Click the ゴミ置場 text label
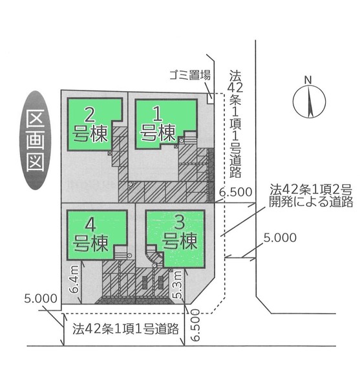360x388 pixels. coord(190,75)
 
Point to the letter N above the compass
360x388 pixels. coord(308,80)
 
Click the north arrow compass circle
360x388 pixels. coord(310,101)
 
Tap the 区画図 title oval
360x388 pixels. coord(36,140)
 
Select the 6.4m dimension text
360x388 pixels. coord(74,279)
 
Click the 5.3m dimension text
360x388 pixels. coord(178,285)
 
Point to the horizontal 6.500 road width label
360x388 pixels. coord(236,192)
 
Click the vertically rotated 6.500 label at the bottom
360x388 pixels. coord(195,325)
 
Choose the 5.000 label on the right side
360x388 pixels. coord(280,238)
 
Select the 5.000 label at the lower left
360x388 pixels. coord(41,299)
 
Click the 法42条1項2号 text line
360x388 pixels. coord(311,190)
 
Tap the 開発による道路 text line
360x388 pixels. coord(311,202)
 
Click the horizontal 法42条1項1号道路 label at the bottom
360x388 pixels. coord(125,329)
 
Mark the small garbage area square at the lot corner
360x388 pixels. coord(211,99)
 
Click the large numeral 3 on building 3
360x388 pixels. coord(180,222)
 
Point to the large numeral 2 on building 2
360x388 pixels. coord(89,115)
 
